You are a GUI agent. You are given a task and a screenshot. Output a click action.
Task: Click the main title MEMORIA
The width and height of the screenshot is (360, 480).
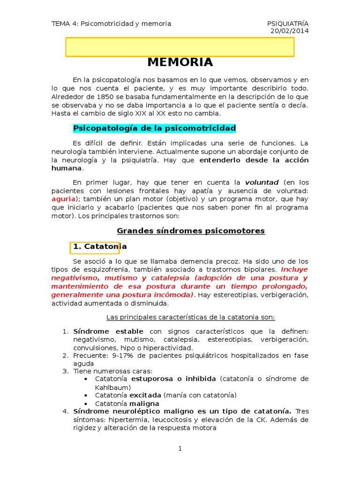(x=180, y=62)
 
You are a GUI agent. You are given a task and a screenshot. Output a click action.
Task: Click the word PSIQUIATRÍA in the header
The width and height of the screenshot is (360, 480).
(x=288, y=23)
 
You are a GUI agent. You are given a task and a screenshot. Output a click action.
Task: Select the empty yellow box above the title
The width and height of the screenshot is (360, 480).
(x=180, y=47)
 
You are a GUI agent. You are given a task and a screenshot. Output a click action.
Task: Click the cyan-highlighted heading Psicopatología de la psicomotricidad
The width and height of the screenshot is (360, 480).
(x=155, y=128)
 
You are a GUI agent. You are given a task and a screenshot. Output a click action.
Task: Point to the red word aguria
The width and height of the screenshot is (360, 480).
(x=63, y=199)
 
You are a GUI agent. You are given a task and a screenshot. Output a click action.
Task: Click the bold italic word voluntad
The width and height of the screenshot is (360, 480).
(x=262, y=182)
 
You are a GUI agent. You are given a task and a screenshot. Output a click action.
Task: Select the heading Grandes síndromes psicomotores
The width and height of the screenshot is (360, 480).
(x=191, y=231)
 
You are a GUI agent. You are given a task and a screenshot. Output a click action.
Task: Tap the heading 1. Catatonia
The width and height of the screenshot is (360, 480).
(x=99, y=246)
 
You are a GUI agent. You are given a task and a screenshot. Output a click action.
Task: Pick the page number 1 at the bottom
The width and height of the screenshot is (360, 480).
(x=180, y=449)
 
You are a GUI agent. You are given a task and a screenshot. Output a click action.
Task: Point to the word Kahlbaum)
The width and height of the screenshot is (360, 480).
(x=112, y=387)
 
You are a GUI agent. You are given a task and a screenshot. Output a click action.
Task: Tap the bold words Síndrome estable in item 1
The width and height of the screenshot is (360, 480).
(x=108, y=331)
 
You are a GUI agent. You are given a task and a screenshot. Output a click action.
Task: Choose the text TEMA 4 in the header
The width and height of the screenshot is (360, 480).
(x=64, y=23)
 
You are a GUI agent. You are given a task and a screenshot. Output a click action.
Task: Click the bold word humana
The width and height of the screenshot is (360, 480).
(x=66, y=168)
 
